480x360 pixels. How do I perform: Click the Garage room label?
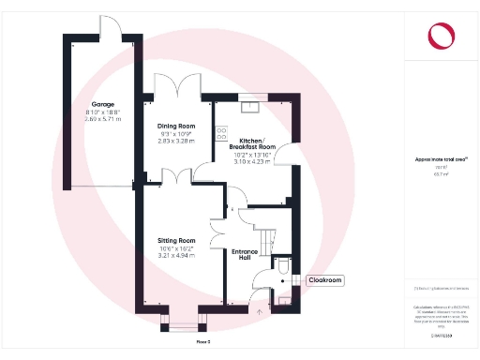pyautogui.click(x=102, y=104)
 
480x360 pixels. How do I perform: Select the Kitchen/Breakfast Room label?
pyautogui.click(x=252, y=142)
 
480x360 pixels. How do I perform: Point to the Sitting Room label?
pyautogui.click(x=176, y=241)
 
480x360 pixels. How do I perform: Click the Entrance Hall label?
pyautogui.click(x=247, y=255)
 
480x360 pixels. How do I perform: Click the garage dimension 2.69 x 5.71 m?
pyautogui.click(x=102, y=119)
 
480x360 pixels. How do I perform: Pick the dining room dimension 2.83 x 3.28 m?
pyautogui.click(x=176, y=141)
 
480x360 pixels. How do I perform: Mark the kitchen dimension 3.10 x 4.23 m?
pyautogui.click(x=252, y=162)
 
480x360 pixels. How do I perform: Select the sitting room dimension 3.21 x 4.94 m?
pyautogui.click(x=176, y=256)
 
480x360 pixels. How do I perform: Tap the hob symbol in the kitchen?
pyautogui.click(x=219, y=131)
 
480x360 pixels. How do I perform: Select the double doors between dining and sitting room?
pyautogui.click(x=176, y=176)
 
